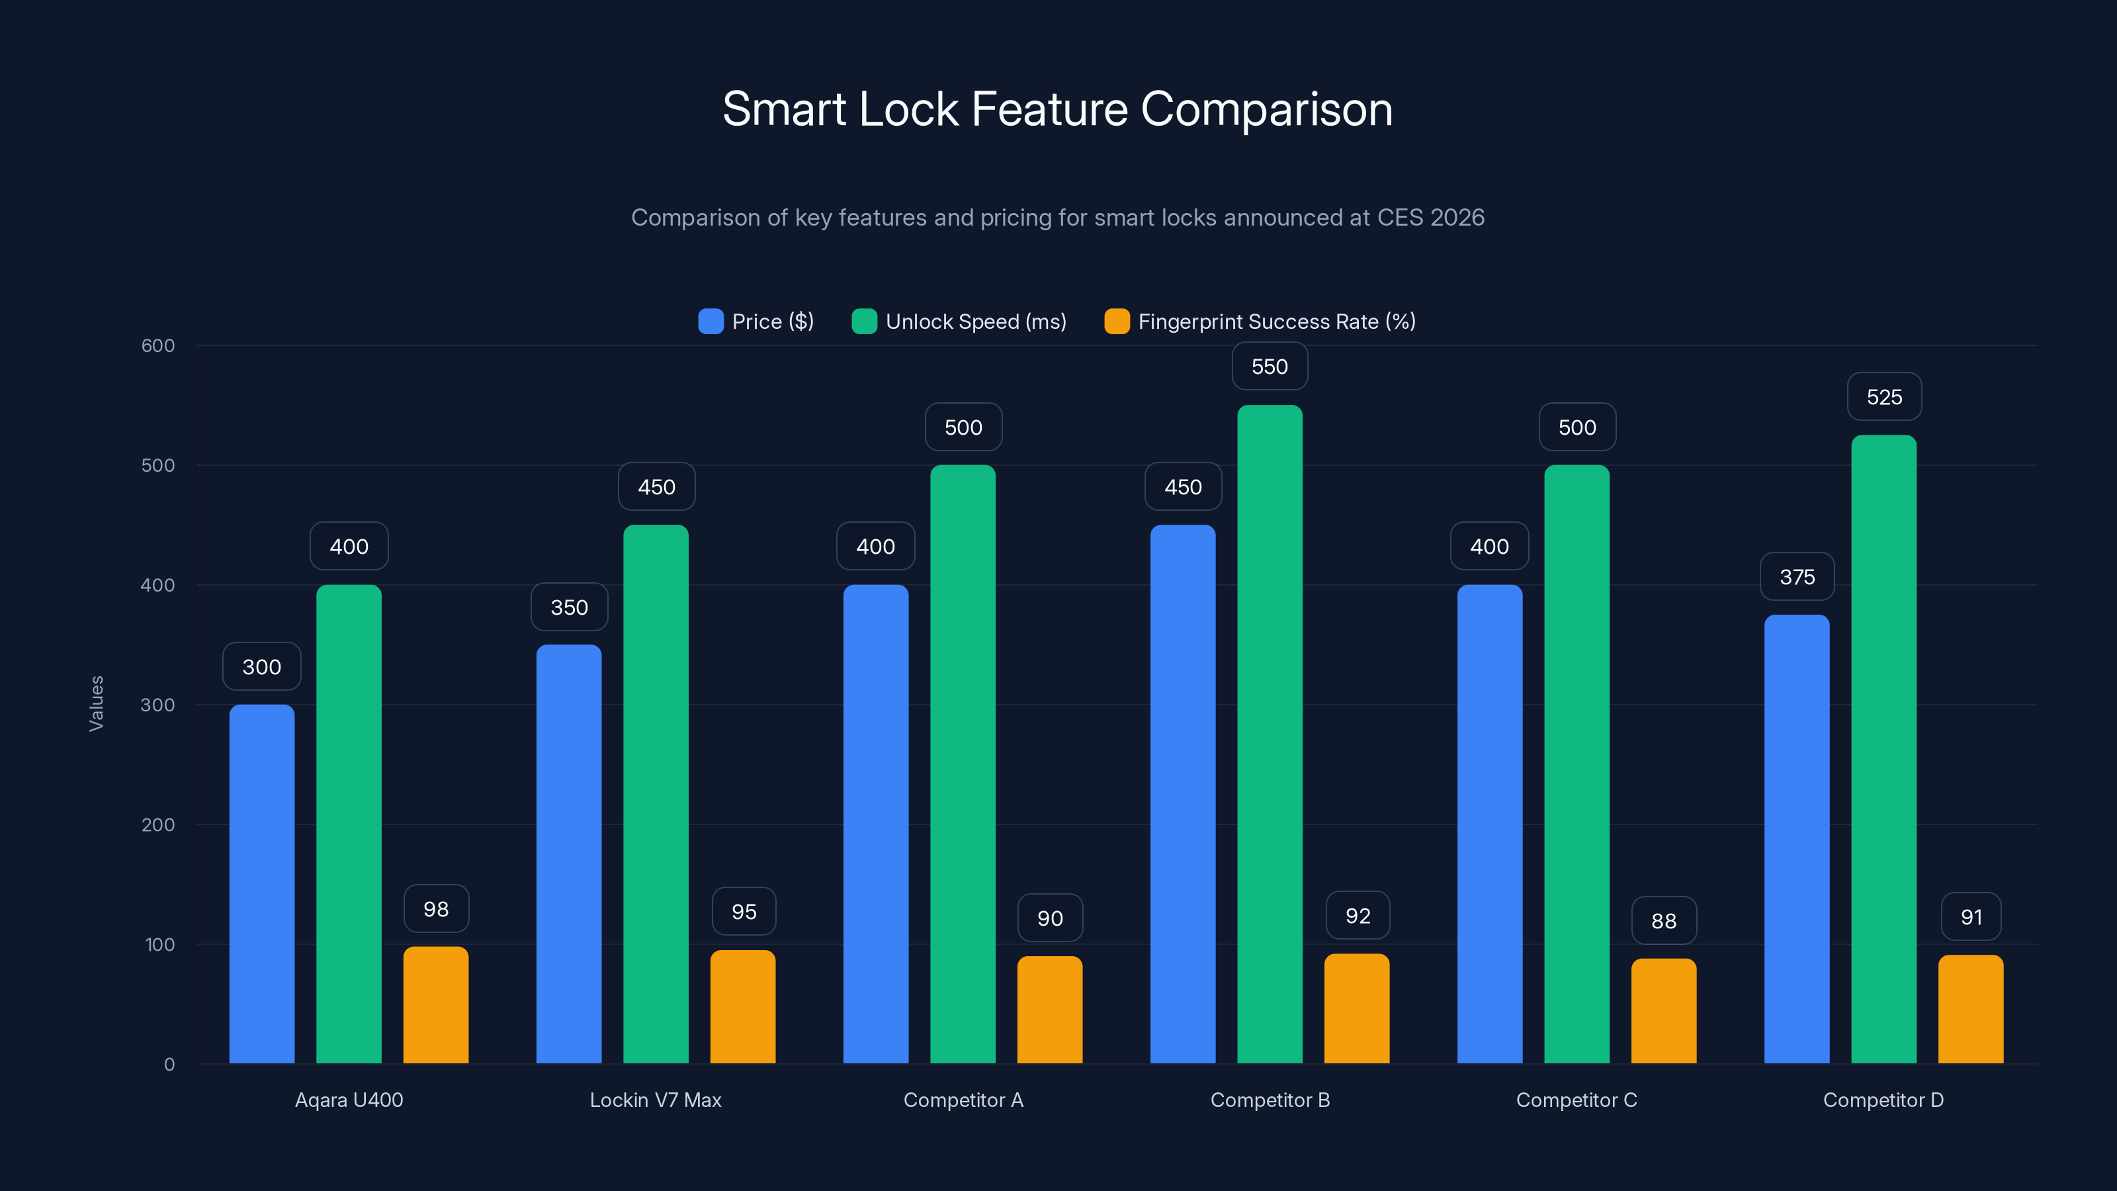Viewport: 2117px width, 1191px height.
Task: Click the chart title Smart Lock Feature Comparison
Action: point(1058,109)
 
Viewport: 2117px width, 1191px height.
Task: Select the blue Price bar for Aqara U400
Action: point(261,883)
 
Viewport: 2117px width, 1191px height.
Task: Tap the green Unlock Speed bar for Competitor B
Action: point(1270,734)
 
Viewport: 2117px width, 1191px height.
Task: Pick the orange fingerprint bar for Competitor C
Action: point(1663,1011)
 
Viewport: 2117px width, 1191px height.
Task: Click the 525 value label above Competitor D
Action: point(1883,397)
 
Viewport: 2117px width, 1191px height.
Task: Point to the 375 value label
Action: point(1797,577)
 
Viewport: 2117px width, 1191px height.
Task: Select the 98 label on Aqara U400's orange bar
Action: point(435,909)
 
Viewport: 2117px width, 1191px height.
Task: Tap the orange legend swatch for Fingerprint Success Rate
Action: point(1117,322)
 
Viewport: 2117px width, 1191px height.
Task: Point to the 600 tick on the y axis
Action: point(158,345)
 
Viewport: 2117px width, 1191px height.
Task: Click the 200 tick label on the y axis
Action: point(158,824)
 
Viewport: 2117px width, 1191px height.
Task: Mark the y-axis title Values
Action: point(96,703)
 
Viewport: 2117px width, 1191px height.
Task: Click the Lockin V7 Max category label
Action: point(655,1100)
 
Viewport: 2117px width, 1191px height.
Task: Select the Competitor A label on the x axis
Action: point(963,1100)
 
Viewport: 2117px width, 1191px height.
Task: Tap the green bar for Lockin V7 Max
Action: point(655,794)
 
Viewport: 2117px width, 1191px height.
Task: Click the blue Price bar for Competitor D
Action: point(1797,838)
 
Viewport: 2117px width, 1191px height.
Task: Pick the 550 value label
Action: point(1269,367)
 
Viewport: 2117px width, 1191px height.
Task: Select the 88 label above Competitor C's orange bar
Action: point(1663,920)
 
